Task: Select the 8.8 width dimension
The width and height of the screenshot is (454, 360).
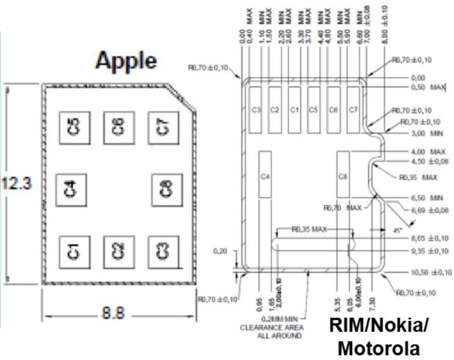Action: (x=113, y=314)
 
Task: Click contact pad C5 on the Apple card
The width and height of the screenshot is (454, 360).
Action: (x=74, y=127)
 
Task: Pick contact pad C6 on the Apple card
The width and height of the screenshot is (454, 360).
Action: (x=119, y=127)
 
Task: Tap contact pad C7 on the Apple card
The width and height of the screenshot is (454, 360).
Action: (x=163, y=127)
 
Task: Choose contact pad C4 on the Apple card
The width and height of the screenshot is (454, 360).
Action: (x=71, y=189)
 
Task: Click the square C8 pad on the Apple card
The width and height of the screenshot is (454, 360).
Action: (x=167, y=190)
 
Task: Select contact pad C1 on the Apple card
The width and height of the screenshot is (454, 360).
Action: (x=74, y=252)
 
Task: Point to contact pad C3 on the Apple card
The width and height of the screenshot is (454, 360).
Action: (x=163, y=252)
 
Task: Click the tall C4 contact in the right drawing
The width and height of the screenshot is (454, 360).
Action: (x=265, y=174)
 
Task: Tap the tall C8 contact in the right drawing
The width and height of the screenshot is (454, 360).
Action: (x=343, y=174)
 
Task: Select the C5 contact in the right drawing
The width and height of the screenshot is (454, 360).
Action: (x=314, y=110)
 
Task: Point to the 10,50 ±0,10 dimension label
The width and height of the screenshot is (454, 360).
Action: (x=431, y=272)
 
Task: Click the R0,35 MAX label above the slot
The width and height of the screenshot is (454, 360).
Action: (x=309, y=229)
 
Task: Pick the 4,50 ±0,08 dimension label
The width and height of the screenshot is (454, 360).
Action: (x=429, y=161)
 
